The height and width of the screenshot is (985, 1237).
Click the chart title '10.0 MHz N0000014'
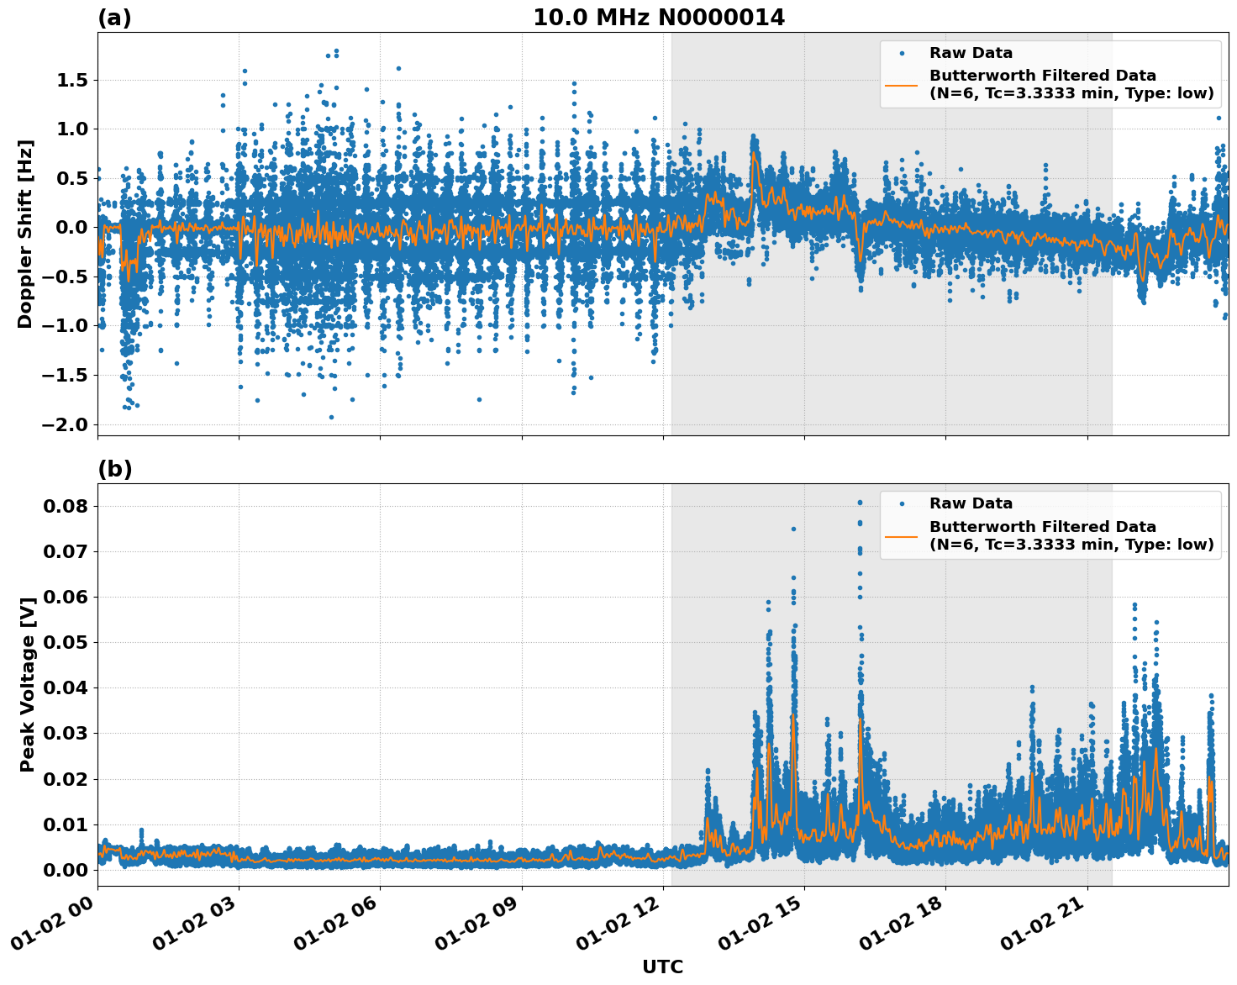658,18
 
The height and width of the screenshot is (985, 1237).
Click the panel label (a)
114,18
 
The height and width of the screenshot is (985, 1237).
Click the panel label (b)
114,469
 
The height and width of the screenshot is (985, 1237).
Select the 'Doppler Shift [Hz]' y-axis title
25,234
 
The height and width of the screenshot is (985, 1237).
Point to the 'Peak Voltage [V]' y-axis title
27,685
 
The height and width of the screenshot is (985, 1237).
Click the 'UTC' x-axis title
662,967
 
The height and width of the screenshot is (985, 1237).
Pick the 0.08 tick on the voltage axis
66,506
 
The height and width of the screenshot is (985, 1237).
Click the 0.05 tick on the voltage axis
66,643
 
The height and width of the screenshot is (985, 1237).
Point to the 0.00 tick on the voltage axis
66,870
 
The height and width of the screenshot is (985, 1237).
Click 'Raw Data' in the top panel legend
971,53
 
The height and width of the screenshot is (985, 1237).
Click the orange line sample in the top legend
902,85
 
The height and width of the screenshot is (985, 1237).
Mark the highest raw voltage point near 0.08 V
860,503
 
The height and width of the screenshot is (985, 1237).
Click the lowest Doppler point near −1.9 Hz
331,417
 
